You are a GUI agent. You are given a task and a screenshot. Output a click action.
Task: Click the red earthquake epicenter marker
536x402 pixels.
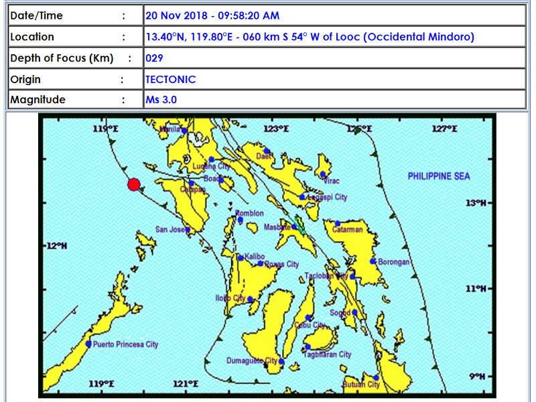(134, 184)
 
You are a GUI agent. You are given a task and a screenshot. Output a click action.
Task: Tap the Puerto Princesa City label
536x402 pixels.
(125, 344)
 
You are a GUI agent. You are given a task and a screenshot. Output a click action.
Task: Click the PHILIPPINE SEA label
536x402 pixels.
(439, 176)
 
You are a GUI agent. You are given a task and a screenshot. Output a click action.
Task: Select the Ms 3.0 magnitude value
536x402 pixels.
(161, 100)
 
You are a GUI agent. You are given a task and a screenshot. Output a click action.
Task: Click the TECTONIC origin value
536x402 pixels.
(171, 79)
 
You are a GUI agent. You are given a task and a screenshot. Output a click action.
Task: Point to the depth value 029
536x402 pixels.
(154, 58)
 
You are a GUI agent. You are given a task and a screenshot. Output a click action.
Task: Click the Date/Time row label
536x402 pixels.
(36, 15)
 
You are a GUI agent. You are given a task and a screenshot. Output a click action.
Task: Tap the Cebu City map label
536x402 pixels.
(310, 326)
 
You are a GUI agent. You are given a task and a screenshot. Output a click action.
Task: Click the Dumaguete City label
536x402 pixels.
(253, 361)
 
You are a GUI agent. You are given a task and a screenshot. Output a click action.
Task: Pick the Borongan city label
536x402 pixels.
(394, 262)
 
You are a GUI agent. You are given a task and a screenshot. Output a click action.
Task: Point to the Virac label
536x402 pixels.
(332, 181)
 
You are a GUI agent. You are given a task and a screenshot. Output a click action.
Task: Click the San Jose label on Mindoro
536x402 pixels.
(170, 229)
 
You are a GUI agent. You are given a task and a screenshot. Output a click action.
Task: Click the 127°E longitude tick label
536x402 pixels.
(443, 129)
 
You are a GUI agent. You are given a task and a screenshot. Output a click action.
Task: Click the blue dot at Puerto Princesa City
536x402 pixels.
(88, 344)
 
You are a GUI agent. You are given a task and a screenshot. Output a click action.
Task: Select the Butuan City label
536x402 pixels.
(361, 385)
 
